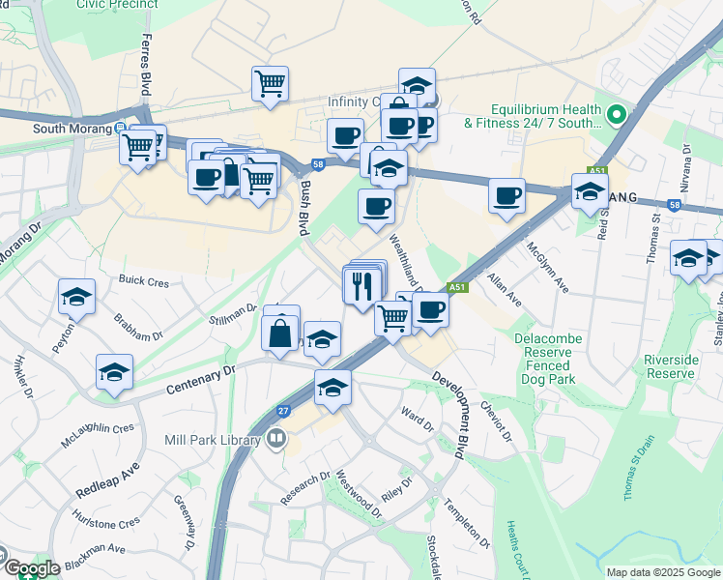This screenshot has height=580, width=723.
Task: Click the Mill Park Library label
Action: tap(214, 440)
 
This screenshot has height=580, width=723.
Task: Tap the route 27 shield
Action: tap(283, 410)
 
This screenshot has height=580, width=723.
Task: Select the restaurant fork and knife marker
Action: tap(361, 285)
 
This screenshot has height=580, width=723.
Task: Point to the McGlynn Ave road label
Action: tap(547, 271)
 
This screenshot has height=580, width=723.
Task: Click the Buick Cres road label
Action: tap(144, 281)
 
